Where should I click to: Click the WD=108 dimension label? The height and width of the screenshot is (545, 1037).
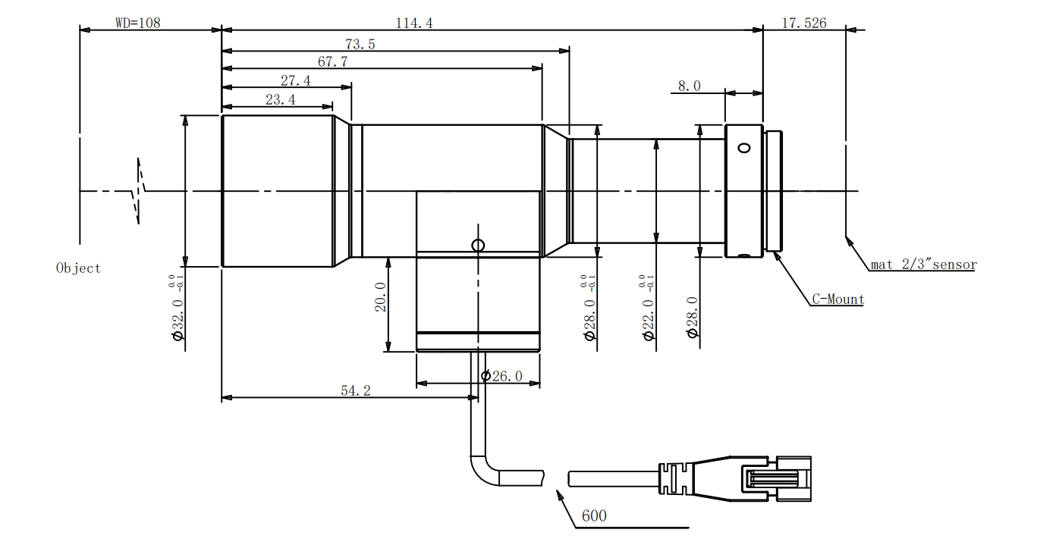tap(137, 23)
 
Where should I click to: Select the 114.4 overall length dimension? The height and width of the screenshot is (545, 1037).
tap(414, 23)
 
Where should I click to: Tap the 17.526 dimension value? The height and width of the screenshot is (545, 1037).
tap(804, 23)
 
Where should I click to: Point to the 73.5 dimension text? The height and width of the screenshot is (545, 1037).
tap(360, 44)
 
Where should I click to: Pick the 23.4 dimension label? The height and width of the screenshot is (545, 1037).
tap(280, 99)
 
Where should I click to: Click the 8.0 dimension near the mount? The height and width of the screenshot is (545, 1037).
tap(689, 86)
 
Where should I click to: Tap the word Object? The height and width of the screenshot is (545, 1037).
tap(78, 268)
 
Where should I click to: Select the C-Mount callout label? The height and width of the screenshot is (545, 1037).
tap(838, 299)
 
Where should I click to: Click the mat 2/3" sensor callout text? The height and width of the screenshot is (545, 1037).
tap(923, 265)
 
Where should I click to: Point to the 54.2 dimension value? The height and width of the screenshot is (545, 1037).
tap(355, 390)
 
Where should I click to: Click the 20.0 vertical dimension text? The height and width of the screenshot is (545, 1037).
tap(380, 297)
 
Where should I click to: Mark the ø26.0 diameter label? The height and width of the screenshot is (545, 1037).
tap(502, 376)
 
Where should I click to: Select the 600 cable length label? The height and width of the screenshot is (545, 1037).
tap(594, 516)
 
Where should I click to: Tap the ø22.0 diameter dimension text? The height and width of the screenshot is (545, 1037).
tap(649, 318)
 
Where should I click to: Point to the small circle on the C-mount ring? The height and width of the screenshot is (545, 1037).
tap(744, 148)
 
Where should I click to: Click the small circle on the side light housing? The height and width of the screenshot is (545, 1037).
tap(477, 245)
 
